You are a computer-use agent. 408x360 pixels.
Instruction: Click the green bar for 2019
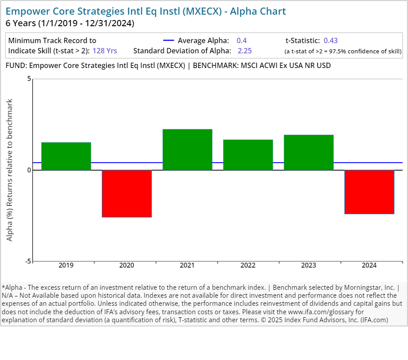pos(66,156)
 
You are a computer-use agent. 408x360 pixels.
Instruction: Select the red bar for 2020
pos(127,193)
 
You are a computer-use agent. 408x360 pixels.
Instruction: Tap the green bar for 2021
pos(187,150)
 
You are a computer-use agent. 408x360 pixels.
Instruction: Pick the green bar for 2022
pos(248,155)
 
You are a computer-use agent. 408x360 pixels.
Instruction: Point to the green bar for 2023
pos(308,152)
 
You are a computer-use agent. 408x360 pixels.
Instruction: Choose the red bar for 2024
pos(369,192)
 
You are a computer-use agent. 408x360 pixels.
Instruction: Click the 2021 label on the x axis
pos(187,265)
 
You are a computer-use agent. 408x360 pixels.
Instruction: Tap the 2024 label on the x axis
pos(369,265)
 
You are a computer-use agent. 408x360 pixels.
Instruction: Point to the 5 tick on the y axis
pos(29,79)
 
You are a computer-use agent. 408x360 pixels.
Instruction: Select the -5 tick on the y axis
pos(28,261)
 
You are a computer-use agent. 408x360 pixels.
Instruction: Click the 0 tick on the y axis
pos(29,170)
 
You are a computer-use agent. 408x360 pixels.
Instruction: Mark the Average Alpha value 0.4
pos(242,40)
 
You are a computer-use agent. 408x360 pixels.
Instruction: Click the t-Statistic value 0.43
pos(331,40)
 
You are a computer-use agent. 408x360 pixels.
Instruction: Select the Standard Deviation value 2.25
pos(244,51)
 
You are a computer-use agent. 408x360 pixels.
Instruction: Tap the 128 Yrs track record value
pos(105,51)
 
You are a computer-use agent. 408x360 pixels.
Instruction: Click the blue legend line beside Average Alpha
pos(169,40)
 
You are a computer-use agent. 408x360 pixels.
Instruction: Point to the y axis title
pos(10,170)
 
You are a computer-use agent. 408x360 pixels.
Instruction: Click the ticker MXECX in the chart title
pos(206,11)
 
